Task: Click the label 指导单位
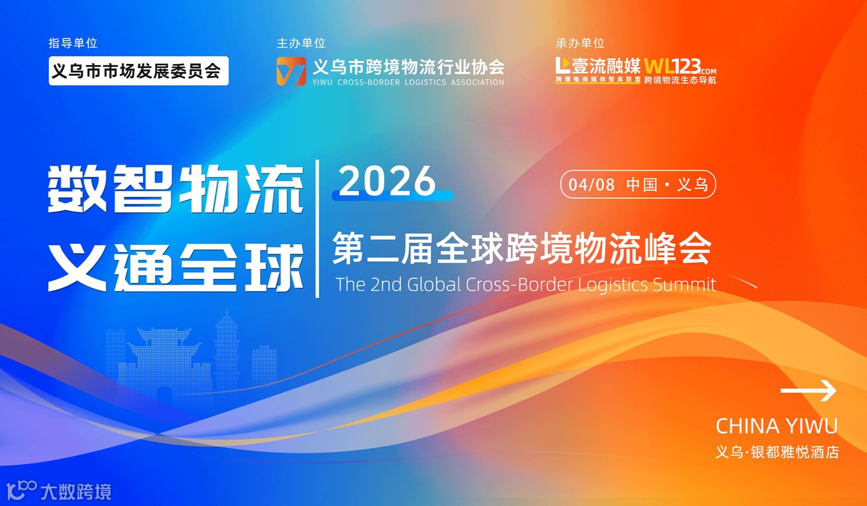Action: click(73, 43)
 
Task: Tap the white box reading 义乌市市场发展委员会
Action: click(138, 71)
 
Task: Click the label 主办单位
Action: click(301, 43)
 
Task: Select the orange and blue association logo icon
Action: click(291, 71)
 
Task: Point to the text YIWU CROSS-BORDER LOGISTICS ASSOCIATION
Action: click(408, 82)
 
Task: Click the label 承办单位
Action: click(580, 43)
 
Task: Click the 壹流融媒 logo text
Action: click(606, 66)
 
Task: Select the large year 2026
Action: click(388, 181)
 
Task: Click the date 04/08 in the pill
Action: click(591, 185)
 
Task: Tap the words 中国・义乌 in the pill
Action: click(667, 185)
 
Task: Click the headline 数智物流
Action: click(176, 189)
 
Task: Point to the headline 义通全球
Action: click(176, 267)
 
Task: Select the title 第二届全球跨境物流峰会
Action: click(522, 248)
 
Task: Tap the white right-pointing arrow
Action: click(809, 391)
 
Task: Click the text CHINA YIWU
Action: click(777, 426)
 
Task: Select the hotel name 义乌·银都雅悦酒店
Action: click(777, 452)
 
